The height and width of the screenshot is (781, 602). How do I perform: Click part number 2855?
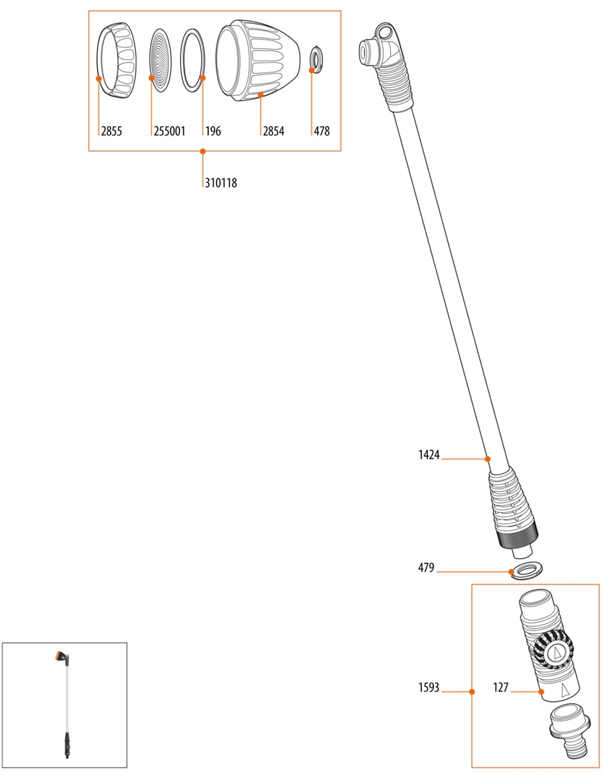click(x=111, y=131)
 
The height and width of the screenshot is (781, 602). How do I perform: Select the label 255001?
click(x=170, y=131)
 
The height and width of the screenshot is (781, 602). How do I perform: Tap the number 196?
click(x=213, y=131)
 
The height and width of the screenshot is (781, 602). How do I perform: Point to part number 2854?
click(x=273, y=131)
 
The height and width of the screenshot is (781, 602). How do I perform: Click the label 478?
click(x=322, y=131)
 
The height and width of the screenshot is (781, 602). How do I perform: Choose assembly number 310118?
click(x=220, y=184)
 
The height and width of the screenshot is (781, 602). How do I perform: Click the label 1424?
click(x=429, y=456)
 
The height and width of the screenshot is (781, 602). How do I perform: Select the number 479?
click(x=426, y=568)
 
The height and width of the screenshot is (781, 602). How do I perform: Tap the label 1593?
click(x=429, y=687)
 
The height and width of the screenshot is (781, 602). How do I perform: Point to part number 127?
click(x=500, y=687)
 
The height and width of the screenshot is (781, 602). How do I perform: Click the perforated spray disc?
click(x=159, y=59)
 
